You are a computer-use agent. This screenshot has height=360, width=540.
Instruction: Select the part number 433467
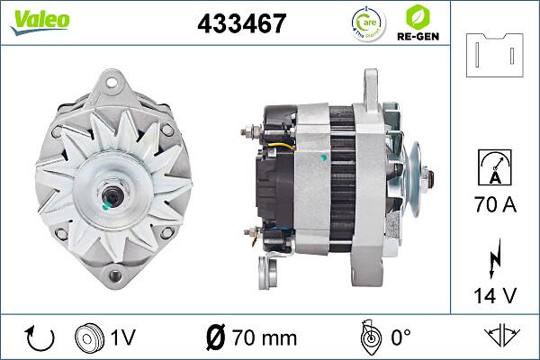241,22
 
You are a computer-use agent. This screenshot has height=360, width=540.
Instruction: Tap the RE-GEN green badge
424,22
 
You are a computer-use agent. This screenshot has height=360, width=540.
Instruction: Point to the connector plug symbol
496,56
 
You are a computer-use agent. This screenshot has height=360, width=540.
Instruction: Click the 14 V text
495,294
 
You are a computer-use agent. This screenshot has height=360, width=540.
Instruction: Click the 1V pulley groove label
123,338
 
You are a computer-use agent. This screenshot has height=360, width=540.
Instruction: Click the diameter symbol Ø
217,338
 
